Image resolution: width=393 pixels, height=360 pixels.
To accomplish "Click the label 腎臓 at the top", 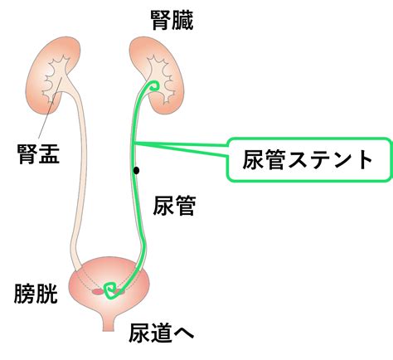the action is [x=172, y=20].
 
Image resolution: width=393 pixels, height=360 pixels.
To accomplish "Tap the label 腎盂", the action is [x=38, y=154].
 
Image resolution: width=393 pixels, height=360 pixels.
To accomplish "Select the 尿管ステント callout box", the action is [x=309, y=159].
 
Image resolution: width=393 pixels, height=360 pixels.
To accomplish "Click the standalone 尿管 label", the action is [x=174, y=206].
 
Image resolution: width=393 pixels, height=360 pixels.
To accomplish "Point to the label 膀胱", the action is [x=36, y=294].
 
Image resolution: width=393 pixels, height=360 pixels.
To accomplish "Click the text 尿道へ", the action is [x=162, y=333].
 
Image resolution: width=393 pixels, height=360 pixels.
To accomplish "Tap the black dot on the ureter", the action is [x=136, y=171].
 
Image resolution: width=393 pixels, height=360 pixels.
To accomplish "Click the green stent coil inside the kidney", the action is [x=153, y=85].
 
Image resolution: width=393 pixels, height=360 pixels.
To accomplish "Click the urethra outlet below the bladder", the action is [x=109, y=323].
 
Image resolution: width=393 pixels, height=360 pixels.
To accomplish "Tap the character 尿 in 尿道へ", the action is [x=139, y=333].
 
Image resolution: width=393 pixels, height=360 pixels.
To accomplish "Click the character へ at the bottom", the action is [x=183, y=333].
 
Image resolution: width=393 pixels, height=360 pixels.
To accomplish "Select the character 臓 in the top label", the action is [x=182, y=20].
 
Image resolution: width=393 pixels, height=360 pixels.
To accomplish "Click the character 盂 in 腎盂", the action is [x=49, y=154].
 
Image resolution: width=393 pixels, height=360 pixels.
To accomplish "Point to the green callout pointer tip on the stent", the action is [x=133, y=143].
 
